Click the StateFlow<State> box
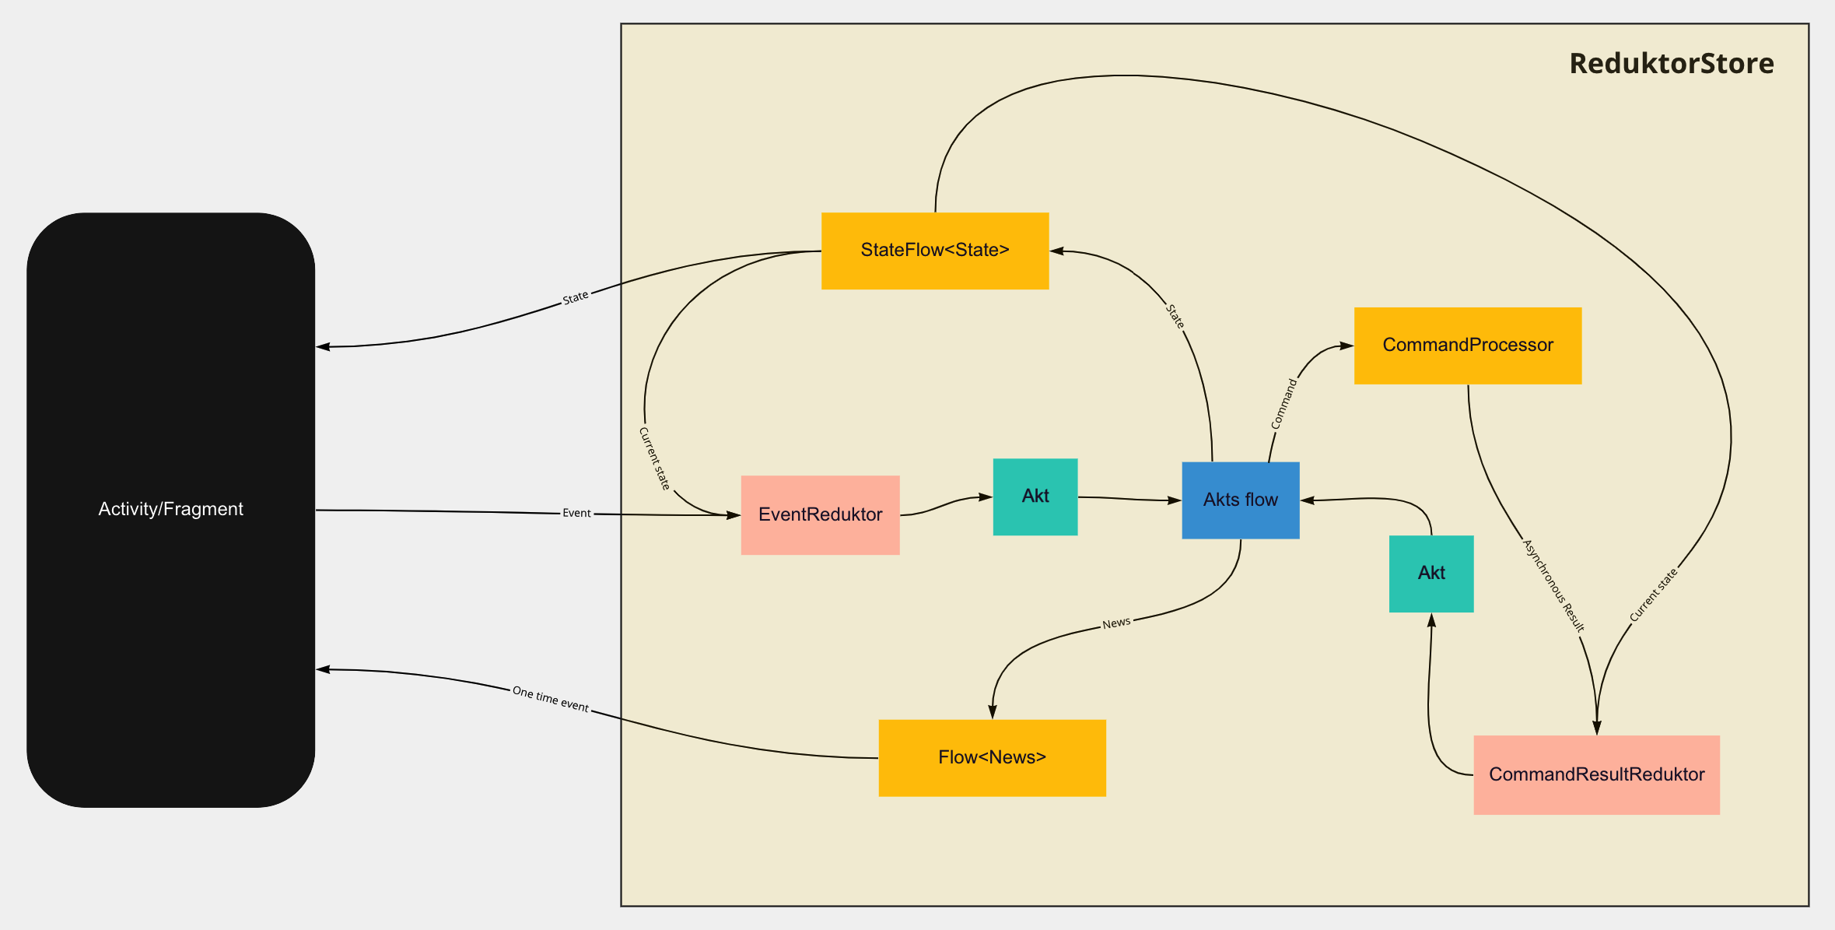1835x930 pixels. coord(934,251)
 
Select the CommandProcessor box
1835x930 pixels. coord(1467,346)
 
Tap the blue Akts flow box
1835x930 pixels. coord(1240,500)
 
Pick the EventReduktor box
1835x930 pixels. coord(820,514)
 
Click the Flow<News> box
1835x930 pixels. coord(992,757)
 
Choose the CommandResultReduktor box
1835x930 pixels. coord(1596,774)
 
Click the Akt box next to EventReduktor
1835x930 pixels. coord(1035,497)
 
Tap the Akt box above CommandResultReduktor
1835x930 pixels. coord(1431,574)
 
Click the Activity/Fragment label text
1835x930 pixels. coord(170,509)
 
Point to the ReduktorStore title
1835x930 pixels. coord(1671,64)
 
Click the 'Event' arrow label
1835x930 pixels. coord(576,513)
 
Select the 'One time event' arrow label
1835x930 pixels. coord(550,699)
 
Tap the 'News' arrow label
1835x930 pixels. coord(1115,623)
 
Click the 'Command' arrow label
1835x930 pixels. coord(1283,404)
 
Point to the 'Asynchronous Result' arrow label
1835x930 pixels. coord(1553,585)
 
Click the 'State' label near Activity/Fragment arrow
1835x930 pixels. coord(575,297)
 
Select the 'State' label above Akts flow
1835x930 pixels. coord(1175,316)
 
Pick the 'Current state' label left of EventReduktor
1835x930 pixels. coord(654,458)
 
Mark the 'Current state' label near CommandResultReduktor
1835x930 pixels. coord(1654,595)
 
